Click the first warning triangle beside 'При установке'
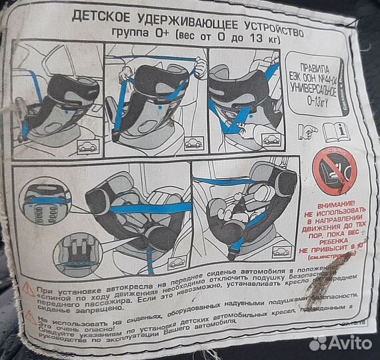pos(28,289)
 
